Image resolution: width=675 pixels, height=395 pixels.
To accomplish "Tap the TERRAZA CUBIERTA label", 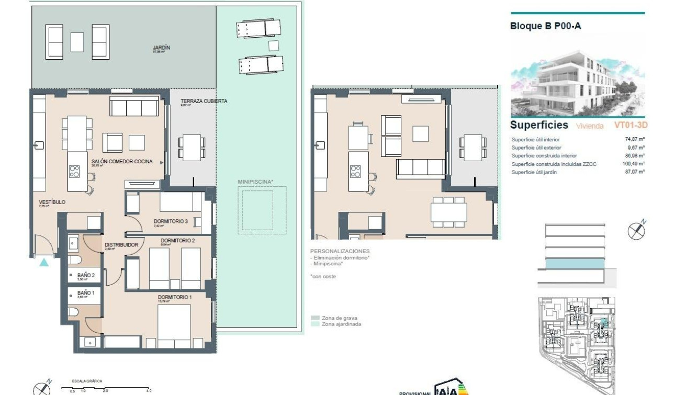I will [x=204, y=101].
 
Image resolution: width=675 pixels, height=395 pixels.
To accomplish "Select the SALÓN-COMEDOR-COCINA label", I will [x=122, y=162].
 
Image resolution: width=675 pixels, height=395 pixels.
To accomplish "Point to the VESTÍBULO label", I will [x=52, y=202].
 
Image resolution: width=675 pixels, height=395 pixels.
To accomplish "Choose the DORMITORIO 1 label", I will [x=175, y=297].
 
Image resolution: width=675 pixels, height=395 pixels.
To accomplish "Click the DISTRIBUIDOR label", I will [x=121, y=244].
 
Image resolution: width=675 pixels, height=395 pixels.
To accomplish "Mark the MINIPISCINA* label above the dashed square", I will [x=255, y=182].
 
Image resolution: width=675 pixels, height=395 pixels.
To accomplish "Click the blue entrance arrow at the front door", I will [x=44, y=262].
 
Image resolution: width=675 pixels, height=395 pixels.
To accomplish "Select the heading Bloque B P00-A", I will [x=545, y=26].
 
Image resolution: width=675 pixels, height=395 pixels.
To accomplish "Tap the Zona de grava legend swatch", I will [x=314, y=318].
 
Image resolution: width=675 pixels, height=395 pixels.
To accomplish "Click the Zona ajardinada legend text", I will [x=341, y=324].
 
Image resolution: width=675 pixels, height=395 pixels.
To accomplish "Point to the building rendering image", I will [x=578, y=83].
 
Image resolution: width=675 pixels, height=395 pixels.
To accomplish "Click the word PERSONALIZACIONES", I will [x=340, y=251].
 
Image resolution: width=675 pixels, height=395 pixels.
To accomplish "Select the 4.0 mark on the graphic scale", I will [x=149, y=391].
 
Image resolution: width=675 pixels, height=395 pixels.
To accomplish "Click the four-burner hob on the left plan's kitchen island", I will [x=75, y=172].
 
